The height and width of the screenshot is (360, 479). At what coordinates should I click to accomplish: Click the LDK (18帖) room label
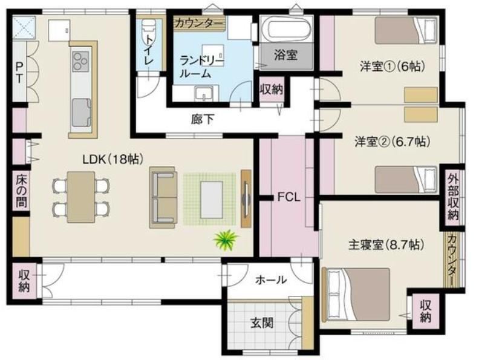coord(113,159)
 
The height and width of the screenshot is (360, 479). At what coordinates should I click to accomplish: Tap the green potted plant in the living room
coord(226,240)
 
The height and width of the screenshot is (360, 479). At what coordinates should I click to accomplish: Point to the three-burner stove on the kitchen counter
coord(80,62)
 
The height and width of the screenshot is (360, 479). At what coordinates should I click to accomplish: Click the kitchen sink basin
coord(81,113)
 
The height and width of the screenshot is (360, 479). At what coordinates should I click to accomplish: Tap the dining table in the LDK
coord(81,197)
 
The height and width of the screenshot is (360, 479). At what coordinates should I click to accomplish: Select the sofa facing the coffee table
coord(163,197)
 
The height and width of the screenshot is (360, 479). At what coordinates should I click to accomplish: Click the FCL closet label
coord(288,197)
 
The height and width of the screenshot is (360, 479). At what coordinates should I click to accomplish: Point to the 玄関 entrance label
coord(262,322)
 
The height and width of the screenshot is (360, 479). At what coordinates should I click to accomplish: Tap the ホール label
coord(271,280)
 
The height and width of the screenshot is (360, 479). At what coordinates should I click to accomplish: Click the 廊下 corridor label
coord(203,119)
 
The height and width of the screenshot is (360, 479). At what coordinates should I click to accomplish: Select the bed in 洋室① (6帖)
coord(406,30)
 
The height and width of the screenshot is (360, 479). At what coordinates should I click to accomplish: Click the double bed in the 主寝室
coord(356,295)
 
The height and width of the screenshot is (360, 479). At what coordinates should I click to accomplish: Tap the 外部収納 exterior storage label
coord(453,197)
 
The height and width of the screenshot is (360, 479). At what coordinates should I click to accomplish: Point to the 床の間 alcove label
coord(21,191)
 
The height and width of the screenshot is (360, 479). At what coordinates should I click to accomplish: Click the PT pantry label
coord(19,72)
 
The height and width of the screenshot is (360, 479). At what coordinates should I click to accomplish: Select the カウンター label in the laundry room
coord(199,23)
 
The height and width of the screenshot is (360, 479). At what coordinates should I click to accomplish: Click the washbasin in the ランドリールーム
coord(204,93)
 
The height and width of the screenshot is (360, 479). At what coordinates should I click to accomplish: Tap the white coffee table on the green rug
coord(212,200)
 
